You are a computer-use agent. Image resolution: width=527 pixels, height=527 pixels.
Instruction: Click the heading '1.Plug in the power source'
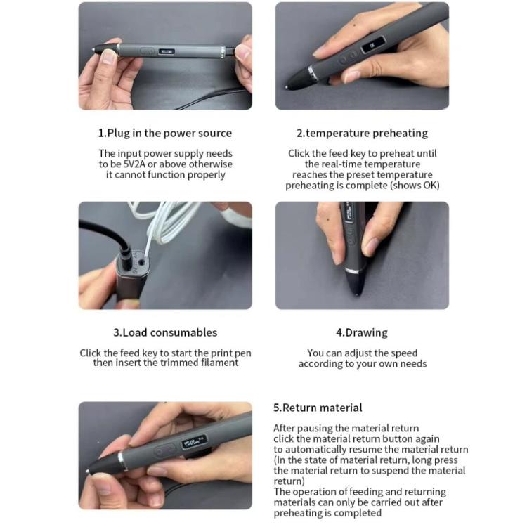[165, 133]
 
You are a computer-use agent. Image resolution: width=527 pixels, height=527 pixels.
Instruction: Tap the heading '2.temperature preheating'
[362, 133]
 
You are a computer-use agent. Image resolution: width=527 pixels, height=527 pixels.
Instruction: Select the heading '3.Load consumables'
[165, 332]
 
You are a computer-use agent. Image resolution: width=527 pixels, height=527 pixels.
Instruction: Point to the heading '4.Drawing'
[362, 332]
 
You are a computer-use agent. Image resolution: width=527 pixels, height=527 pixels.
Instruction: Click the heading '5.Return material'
[318, 408]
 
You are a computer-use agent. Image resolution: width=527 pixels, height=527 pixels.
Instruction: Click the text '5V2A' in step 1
[134, 164]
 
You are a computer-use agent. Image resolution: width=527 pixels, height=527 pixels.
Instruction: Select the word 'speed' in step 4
[403, 353]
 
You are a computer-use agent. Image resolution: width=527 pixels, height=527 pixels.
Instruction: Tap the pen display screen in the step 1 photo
[167, 51]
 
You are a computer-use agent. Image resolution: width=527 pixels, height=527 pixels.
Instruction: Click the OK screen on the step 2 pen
[372, 45]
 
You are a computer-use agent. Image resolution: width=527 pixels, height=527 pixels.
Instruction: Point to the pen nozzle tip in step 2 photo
[287, 88]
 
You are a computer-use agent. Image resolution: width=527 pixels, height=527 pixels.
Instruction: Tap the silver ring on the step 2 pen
[313, 74]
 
